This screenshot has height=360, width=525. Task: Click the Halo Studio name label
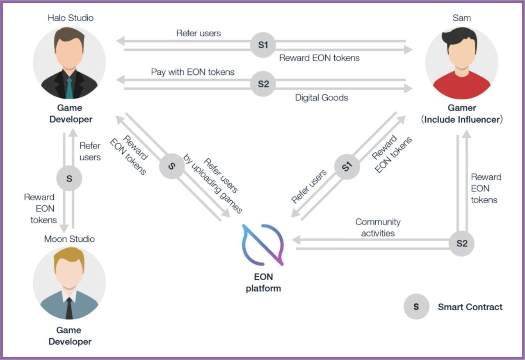point(71,18)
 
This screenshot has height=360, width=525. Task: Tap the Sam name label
point(461,18)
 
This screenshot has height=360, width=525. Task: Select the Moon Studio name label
point(69,239)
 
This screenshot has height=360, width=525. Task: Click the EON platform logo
point(263,245)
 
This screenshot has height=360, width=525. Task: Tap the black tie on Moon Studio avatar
point(69,308)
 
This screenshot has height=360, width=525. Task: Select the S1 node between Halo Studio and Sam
point(263,45)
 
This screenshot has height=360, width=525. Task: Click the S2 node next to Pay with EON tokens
point(263,84)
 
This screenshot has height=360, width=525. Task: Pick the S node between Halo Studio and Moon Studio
point(69,179)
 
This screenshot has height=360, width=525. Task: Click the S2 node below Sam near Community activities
point(461,243)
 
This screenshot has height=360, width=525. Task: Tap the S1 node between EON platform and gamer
point(347,167)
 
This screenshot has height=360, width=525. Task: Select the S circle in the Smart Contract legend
point(416,307)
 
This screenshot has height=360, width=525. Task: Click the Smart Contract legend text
point(470,307)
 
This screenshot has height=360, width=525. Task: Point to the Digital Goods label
point(321,98)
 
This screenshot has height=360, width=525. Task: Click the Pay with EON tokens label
point(192,72)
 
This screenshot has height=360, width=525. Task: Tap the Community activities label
point(378,227)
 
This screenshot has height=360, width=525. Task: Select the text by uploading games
point(212,183)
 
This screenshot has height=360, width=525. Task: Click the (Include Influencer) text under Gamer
point(462,119)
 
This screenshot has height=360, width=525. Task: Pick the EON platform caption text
point(263,282)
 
